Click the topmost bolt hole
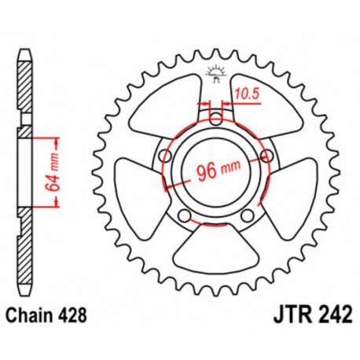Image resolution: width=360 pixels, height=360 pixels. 216,119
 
